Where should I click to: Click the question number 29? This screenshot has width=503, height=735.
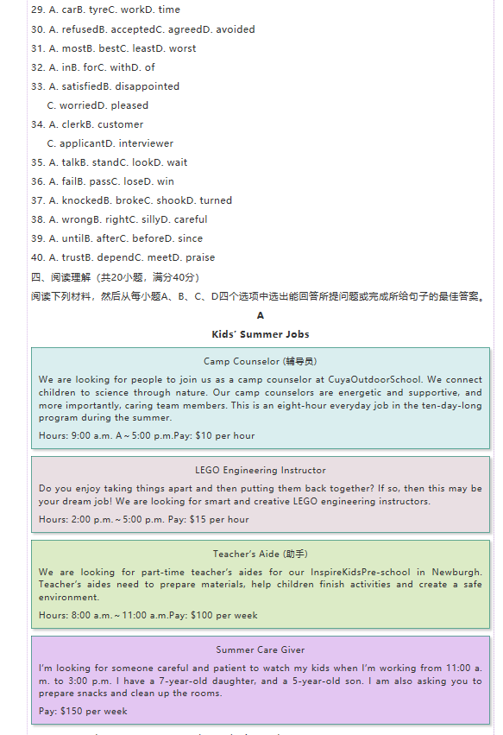37,10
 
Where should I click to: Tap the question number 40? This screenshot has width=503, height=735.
37,257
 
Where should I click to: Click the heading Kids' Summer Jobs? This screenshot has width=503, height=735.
261,334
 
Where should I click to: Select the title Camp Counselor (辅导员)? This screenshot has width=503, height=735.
261,361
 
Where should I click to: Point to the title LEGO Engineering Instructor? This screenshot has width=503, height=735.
261,471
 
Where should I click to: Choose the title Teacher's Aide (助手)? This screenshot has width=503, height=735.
261,554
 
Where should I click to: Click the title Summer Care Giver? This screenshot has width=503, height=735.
261,649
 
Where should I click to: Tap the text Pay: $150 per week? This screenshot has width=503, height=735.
83,712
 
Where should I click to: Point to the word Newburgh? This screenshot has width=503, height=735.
457,572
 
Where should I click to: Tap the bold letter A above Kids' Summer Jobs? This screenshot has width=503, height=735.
261,316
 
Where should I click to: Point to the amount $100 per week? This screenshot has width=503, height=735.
226,616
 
